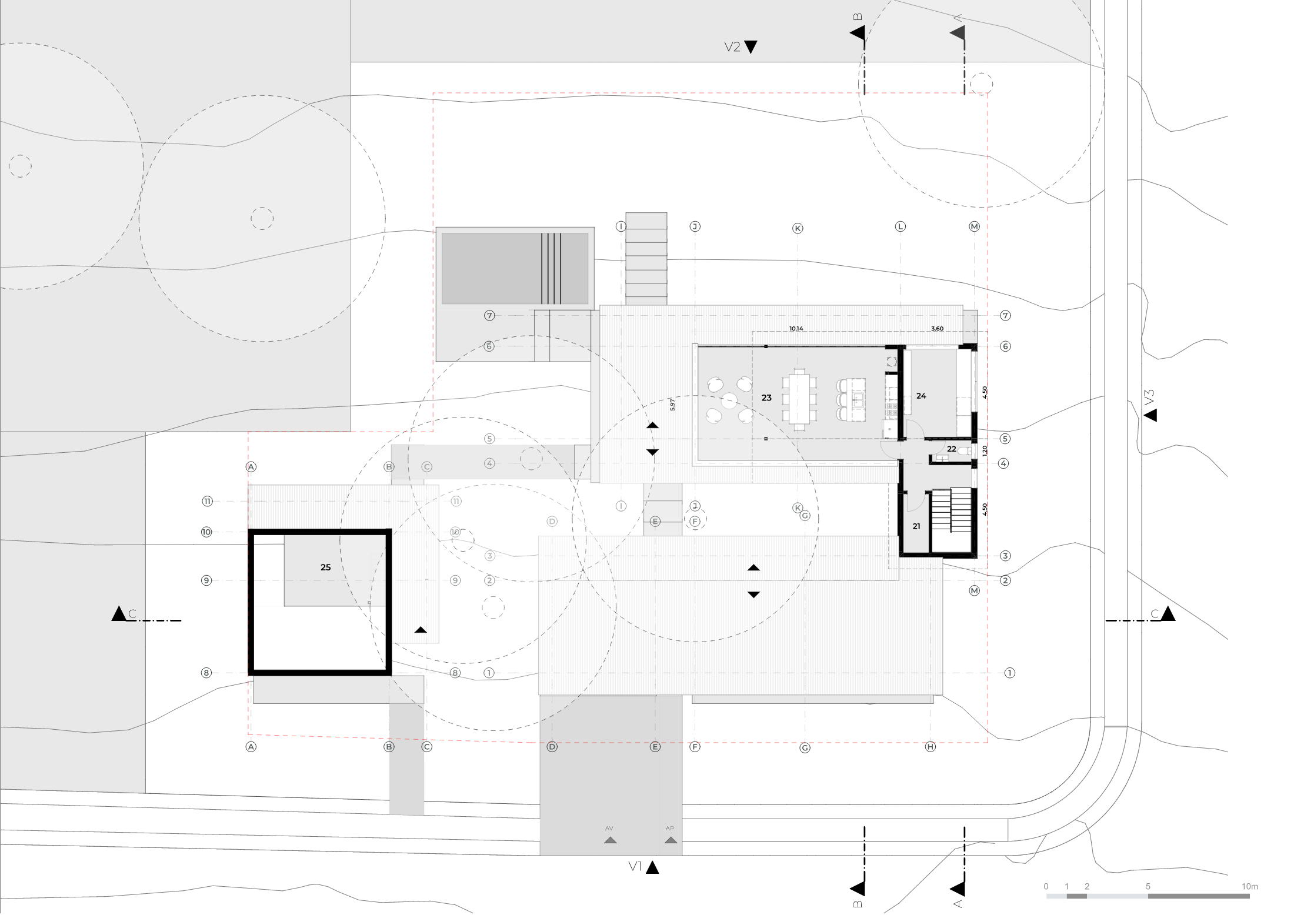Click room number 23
pos(766,398)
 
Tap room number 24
pos(921,396)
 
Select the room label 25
pos(325,567)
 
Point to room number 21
pos(916,526)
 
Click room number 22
pos(952,449)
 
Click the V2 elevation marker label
pos(732,47)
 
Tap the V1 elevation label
pos(635,866)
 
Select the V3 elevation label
pos(1150,397)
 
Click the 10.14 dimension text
pos(796,329)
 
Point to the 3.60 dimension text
pos(937,329)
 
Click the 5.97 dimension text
pos(672,405)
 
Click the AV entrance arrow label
pos(609,828)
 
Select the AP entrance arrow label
pos(670,828)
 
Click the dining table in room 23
pos(799,398)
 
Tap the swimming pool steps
pos(551,268)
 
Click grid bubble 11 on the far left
pos(207,502)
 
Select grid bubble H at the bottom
pos(931,747)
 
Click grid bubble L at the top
pos(901,226)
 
